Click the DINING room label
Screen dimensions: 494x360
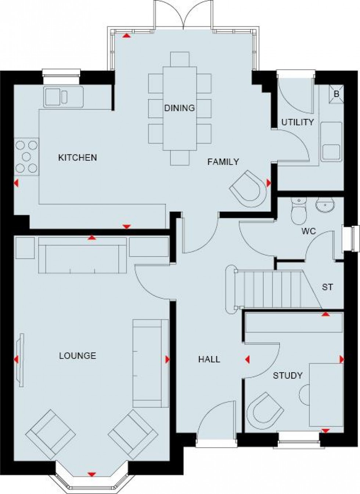pos(179,108)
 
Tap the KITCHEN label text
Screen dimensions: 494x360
pos(78,157)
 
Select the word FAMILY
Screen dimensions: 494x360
pos(223,161)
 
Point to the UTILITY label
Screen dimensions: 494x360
pos(298,122)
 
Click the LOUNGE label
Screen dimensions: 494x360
pos(78,355)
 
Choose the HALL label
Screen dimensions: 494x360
pos(209,359)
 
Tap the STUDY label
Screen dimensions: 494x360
pos(288,375)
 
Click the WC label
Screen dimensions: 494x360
pos(308,232)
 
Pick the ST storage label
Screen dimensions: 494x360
pos(327,287)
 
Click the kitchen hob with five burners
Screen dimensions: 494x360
pos(26,156)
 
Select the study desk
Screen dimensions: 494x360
pos(326,395)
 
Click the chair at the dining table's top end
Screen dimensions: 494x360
pos(180,59)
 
